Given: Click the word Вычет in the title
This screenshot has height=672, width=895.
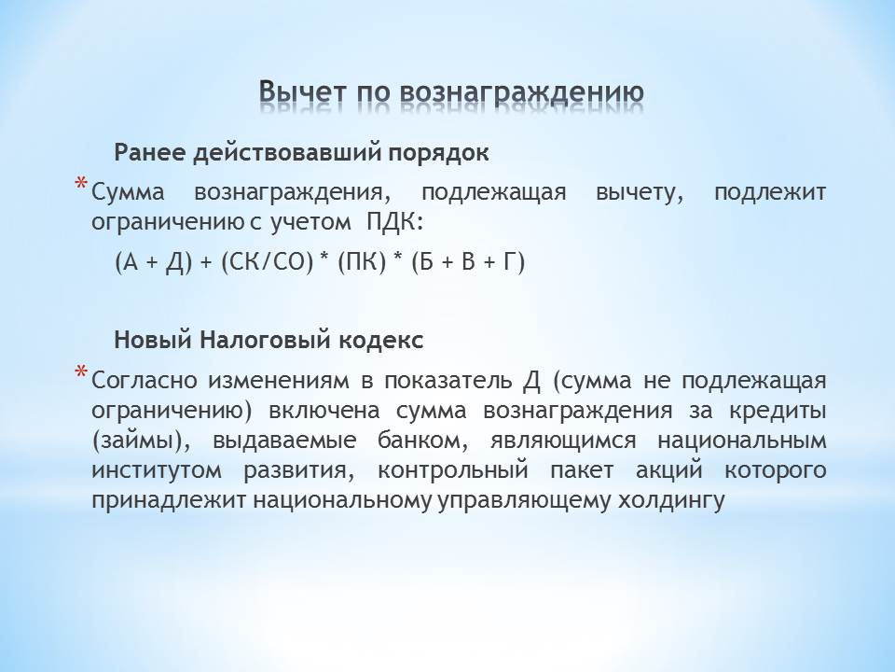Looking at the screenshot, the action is coord(302,92).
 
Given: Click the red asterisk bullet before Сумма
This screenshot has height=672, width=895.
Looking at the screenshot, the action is coord(82,186).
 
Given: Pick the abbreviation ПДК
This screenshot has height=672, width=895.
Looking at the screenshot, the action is coord(393,222).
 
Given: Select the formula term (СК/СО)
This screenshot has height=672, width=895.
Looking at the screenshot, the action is coord(267,262).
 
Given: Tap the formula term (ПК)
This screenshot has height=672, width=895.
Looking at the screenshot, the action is coord(362,262).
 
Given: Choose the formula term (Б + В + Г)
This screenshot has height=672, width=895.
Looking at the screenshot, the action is coord(468,262).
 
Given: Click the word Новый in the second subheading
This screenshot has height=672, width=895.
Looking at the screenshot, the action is coord(152,341).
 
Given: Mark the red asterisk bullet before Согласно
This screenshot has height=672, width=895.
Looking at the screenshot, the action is coord(82,373).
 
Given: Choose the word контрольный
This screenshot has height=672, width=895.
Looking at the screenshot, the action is coord(453,470).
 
